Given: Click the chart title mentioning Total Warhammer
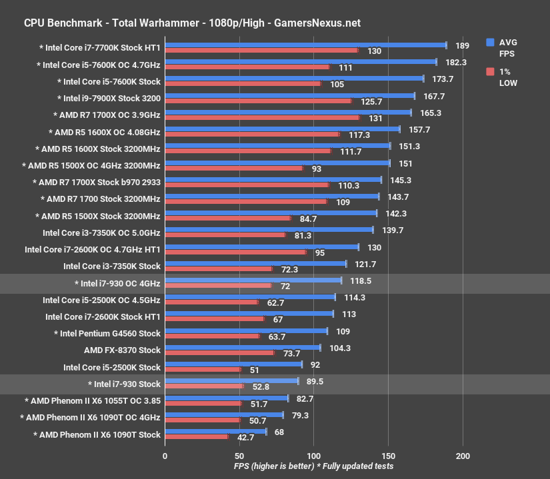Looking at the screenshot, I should (192, 23).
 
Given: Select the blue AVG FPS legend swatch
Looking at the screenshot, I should (490, 41).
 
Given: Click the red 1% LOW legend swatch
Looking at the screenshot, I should (490, 71).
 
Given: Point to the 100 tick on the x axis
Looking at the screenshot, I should (313, 456).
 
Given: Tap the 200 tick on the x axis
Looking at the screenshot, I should (462, 456).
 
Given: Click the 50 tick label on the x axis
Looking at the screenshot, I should (239, 456).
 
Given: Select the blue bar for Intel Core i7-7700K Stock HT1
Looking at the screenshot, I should (305, 45).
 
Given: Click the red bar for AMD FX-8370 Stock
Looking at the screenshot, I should (219, 352).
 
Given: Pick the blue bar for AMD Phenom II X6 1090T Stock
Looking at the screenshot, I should (215, 432).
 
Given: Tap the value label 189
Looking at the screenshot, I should (462, 45).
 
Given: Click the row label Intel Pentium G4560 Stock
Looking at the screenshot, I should (107, 333).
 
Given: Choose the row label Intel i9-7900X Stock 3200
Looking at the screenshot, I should (109, 98).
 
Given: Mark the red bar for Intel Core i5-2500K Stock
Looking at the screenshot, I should (203, 369).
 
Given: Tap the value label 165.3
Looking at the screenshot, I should (429, 113).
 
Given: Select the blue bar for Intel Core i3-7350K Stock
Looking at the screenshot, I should (255, 264).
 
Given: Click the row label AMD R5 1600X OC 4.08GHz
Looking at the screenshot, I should (105, 132).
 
